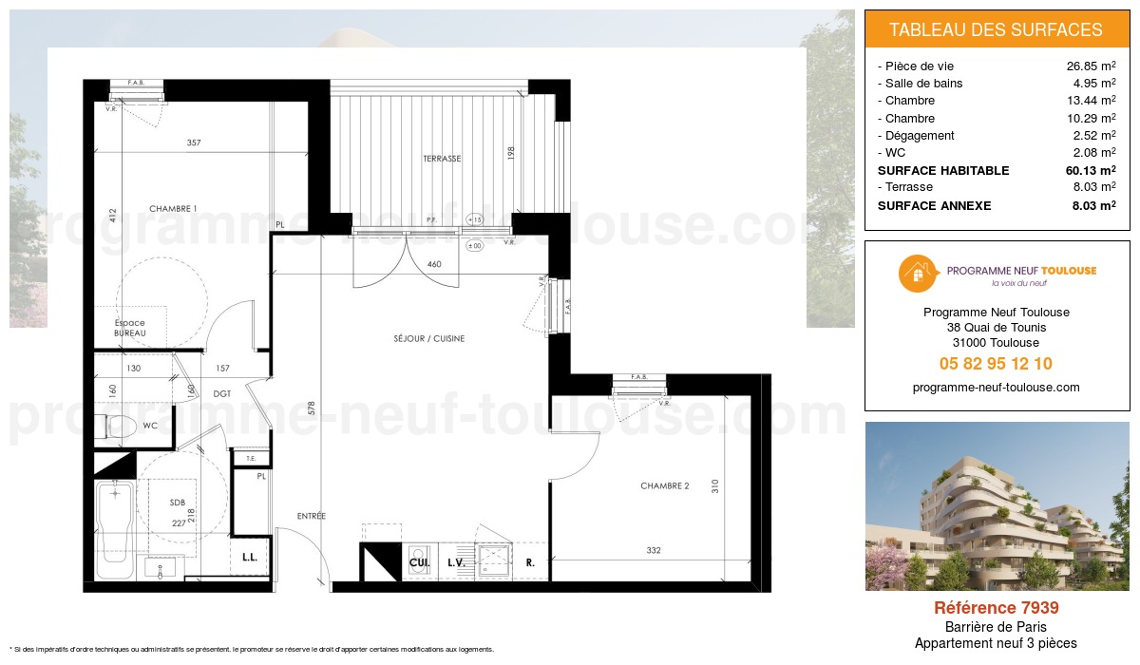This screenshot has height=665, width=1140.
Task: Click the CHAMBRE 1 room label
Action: pyautogui.click(x=173, y=208)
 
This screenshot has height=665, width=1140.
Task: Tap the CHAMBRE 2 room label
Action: pyautogui.click(x=664, y=486)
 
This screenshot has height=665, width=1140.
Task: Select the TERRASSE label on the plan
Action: pyautogui.click(x=442, y=159)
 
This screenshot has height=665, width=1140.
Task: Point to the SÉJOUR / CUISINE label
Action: pyautogui.click(x=429, y=338)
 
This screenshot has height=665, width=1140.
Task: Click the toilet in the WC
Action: pyautogui.click(x=119, y=425)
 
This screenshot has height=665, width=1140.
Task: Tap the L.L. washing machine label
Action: pyautogui.click(x=251, y=559)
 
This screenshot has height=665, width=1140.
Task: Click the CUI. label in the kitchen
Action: pyautogui.click(x=418, y=562)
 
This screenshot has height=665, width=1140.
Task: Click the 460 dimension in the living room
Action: pyautogui.click(x=435, y=264)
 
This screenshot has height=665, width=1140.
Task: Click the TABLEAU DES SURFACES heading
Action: pyautogui.click(x=996, y=29)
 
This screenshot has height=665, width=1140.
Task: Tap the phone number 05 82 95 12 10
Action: pyautogui.click(x=996, y=364)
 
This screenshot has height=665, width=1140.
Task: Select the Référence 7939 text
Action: pyautogui.click(x=996, y=608)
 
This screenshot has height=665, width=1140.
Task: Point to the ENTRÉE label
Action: pyautogui.click(x=311, y=516)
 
